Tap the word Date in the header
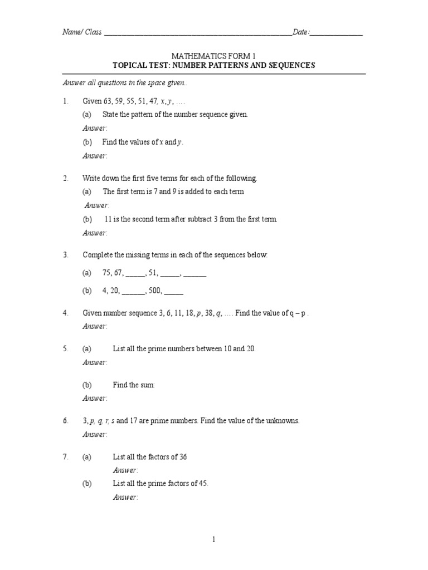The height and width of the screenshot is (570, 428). (x=300, y=32)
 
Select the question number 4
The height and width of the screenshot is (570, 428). (x=65, y=313)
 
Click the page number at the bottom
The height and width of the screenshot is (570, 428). (x=213, y=539)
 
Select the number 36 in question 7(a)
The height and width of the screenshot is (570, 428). (x=183, y=457)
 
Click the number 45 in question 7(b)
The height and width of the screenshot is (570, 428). (x=203, y=484)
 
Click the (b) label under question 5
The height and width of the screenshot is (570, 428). (x=87, y=385)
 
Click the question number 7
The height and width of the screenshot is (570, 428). (x=65, y=457)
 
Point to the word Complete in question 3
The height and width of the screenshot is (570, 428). (x=98, y=255)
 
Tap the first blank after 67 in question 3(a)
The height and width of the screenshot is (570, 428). (x=135, y=273)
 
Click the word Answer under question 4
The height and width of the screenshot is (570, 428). (x=94, y=326)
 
